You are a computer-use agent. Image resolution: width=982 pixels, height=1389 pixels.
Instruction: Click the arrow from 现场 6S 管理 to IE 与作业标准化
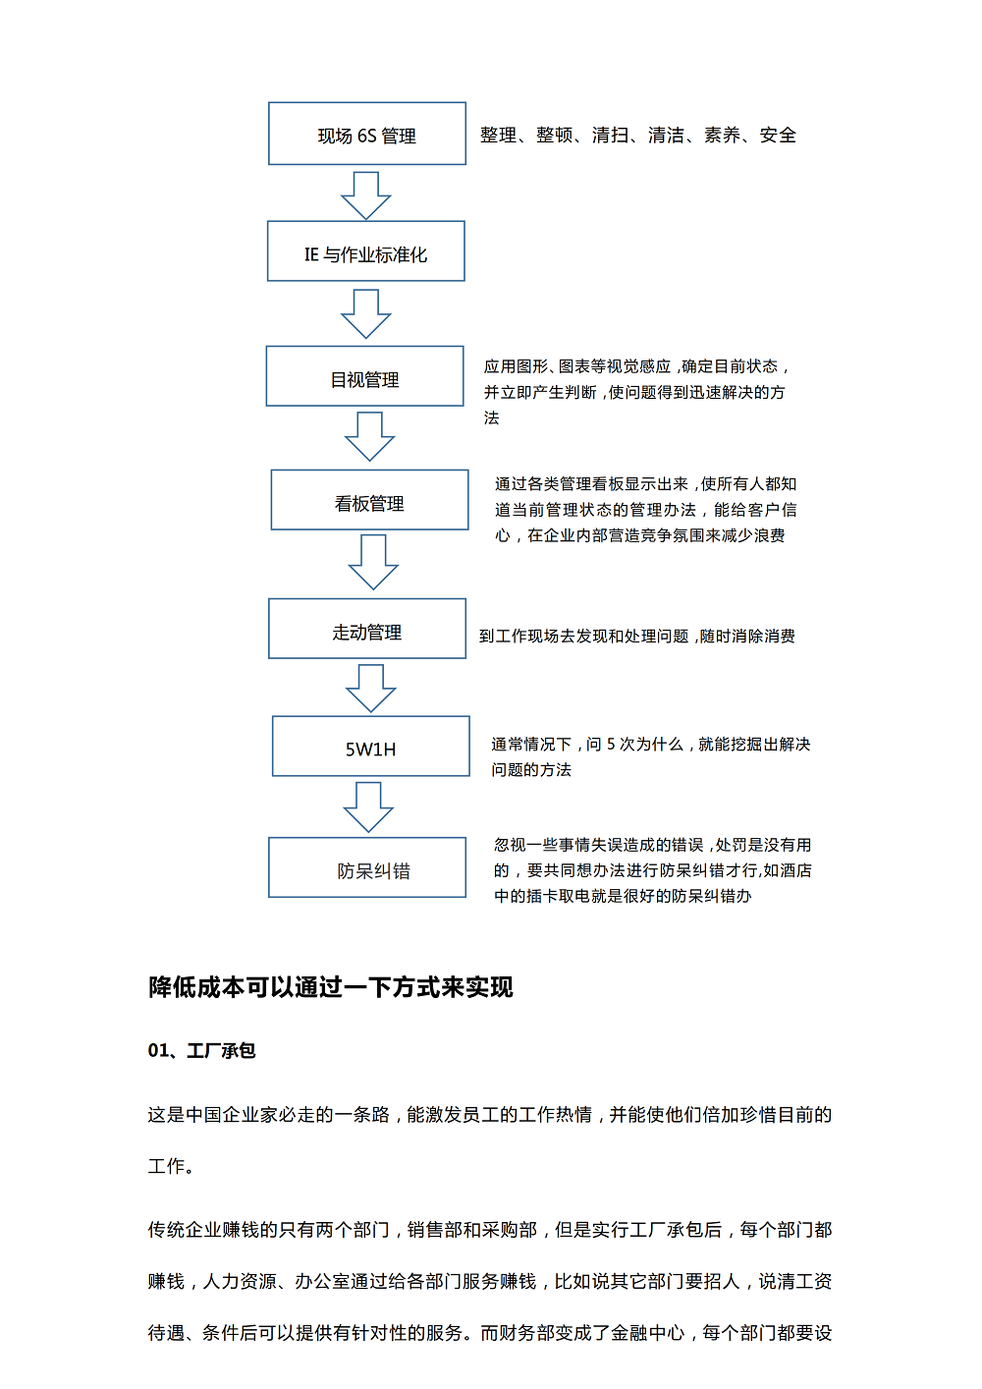click(365, 195)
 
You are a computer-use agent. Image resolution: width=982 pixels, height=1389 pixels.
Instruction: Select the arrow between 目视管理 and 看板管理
click(369, 437)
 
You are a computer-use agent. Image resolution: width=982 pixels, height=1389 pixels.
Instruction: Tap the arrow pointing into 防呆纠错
click(368, 806)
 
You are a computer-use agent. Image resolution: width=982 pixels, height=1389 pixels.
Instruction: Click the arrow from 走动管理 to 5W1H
click(371, 689)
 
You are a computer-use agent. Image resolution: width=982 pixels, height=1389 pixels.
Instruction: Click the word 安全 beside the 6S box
click(778, 136)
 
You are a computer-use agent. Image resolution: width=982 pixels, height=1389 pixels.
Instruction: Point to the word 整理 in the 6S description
click(499, 136)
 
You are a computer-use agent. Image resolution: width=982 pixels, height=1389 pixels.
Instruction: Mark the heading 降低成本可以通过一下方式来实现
click(330, 987)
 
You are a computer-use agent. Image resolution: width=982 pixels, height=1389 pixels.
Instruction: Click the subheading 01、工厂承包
click(201, 1050)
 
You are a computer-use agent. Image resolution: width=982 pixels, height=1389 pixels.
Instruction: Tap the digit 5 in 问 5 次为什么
click(611, 745)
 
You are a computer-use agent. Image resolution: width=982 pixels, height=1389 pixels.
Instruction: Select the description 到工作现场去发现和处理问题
click(584, 637)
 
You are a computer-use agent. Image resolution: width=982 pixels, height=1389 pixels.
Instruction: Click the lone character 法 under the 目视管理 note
click(492, 417)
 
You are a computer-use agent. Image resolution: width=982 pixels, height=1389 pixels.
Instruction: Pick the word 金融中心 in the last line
click(647, 1333)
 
